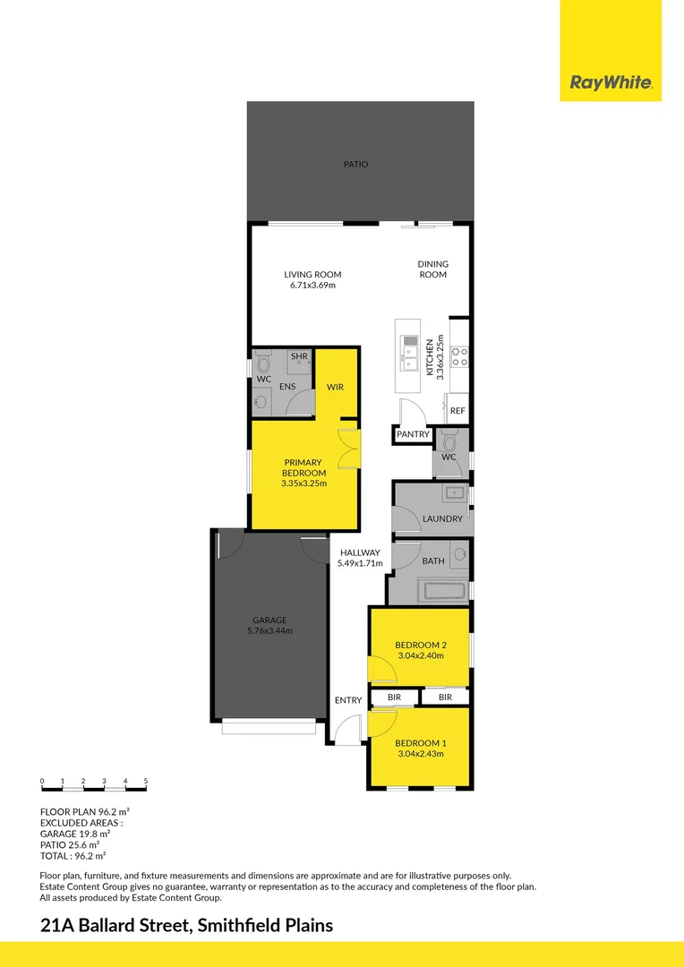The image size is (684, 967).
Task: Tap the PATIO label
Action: click(x=355, y=165)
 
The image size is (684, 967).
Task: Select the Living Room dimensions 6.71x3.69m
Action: click(x=312, y=286)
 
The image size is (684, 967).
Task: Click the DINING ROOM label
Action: click(x=432, y=270)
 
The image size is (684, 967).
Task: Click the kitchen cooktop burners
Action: click(x=460, y=357)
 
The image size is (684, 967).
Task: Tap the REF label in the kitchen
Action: click(x=457, y=411)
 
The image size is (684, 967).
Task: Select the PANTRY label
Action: click(x=414, y=435)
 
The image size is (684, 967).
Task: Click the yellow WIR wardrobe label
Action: click(x=336, y=387)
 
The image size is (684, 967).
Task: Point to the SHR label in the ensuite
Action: click(x=299, y=356)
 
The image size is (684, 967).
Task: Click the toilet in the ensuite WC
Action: click(x=262, y=364)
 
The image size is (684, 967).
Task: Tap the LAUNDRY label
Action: click(x=442, y=518)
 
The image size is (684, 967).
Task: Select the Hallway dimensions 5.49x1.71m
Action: click(x=360, y=564)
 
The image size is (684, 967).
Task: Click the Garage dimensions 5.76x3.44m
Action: click(x=269, y=631)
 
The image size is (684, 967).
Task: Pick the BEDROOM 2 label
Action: click(x=420, y=645)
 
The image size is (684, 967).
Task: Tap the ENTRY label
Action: click(x=348, y=700)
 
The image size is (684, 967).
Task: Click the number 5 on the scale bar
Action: click(x=145, y=782)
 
